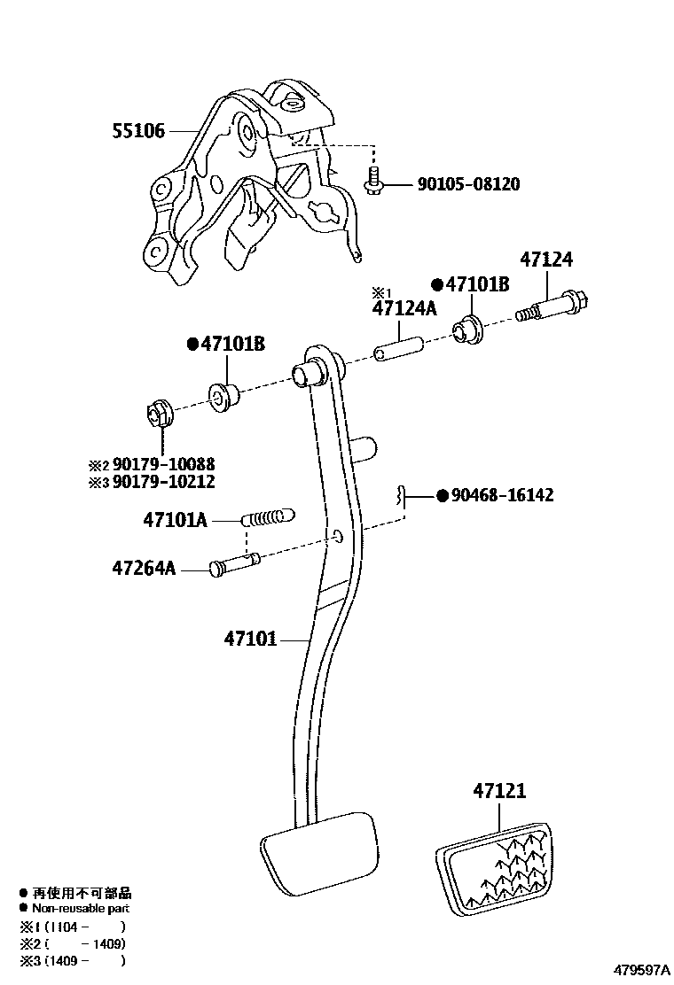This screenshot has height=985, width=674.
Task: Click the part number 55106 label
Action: click(x=138, y=131)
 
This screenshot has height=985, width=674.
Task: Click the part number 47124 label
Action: click(x=546, y=260)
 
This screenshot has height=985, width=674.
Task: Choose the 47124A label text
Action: click(x=404, y=308)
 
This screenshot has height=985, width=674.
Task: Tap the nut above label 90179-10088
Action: click(x=158, y=413)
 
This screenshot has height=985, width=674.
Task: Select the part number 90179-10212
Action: click(x=163, y=482)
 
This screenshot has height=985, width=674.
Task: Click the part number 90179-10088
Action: click(x=163, y=464)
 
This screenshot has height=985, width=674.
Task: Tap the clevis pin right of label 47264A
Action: click(x=235, y=564)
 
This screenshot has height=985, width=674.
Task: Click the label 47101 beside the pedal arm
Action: click(x=251, y=638)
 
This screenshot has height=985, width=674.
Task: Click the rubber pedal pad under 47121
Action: click(x=495, y=867)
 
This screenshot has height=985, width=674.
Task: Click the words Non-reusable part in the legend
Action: click(x=81, y=909)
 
